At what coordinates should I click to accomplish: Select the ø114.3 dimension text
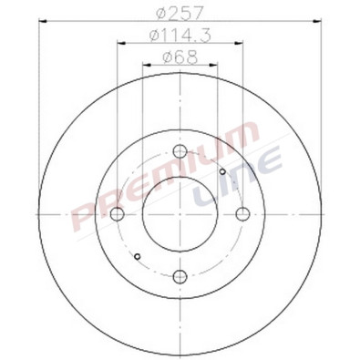(179, 36)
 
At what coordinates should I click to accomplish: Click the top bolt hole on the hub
(180, 151)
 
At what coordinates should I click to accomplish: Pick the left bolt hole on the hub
(118, 214)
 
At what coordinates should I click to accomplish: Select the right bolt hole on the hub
(242, 214)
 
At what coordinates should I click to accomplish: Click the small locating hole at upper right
(222, 170)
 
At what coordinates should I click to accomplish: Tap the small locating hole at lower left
(136, 257)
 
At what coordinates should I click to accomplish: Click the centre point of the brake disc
(180, 214)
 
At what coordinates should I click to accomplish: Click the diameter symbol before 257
(159, 14)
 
